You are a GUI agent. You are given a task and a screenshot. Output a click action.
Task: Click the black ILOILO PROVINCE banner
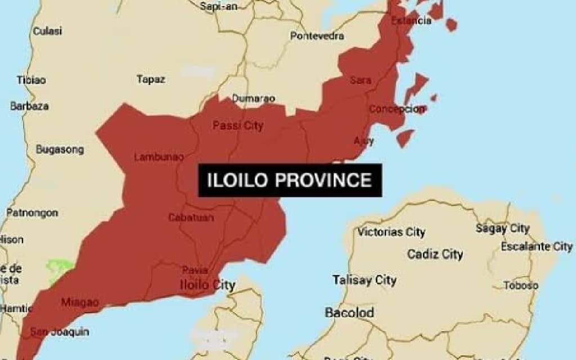point(290,180)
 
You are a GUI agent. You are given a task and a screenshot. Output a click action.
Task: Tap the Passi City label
point(237,125)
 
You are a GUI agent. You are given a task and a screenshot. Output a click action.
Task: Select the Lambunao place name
point(159,157)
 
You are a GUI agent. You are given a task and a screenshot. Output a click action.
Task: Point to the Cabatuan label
point(191,217)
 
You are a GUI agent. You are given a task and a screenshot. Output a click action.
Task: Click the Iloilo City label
point(207,285)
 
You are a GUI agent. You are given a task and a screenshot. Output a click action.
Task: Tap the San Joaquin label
point(59,331)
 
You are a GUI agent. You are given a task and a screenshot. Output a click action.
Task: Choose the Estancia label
point(411,21)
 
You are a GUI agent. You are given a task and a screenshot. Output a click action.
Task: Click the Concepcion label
point(397,109)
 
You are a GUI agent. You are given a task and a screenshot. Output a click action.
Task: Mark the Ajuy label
point(363,140)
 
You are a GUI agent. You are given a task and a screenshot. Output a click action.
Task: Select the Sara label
point(361,80)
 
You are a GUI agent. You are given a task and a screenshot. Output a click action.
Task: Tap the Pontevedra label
point(317,36)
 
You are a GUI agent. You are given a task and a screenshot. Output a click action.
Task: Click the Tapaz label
point(151,79)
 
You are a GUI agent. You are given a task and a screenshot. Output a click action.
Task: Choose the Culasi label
point(47,31)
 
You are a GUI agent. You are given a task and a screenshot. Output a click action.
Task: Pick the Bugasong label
point(60,150)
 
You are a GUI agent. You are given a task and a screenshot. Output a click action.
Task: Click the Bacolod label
point(349,312)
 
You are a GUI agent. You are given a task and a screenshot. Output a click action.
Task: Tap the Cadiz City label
point(435,254)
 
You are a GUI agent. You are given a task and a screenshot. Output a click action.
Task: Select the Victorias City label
point(391,232)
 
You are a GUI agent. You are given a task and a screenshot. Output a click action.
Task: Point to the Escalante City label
point(537,246)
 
